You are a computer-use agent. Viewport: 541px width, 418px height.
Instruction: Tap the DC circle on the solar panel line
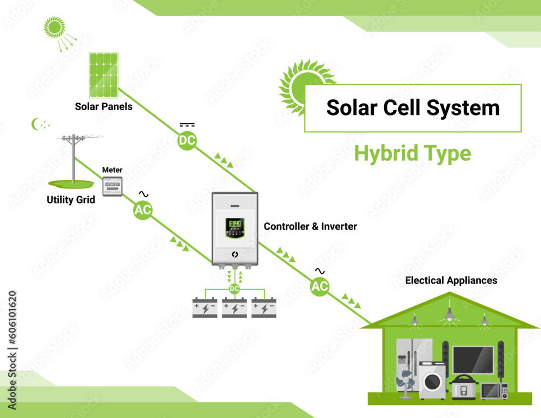pos(187,141)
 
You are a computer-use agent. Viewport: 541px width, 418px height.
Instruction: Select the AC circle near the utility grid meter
pos(143,211)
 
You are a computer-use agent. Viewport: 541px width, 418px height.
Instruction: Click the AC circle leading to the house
pos(320,286)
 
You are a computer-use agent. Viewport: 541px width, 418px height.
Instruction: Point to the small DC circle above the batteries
pos(234,289)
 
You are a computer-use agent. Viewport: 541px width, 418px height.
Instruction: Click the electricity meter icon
pos(113,186)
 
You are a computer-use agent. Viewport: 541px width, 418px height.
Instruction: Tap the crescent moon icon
pos(36,124)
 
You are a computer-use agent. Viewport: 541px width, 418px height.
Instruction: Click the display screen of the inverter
pos(235,223)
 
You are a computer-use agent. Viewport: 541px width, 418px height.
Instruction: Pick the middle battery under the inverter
pos(234,308)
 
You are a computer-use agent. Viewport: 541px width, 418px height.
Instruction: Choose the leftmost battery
pos(205,308)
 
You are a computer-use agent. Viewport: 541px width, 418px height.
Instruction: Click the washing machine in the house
pos(433,380)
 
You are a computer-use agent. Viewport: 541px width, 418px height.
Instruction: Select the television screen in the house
pos(473,360)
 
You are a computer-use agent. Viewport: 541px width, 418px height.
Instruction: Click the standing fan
pos(405,385)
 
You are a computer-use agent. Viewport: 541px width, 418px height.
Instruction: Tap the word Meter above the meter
pos(113,170)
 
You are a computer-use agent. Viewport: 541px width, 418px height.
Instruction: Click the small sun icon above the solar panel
pos(54,26)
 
